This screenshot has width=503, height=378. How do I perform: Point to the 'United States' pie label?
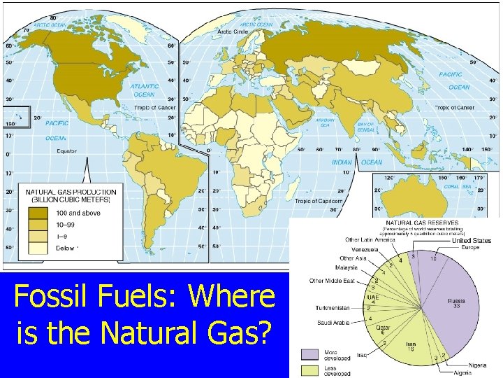click(471, 241)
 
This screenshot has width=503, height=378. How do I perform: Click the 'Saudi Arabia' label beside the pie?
click(339, 323)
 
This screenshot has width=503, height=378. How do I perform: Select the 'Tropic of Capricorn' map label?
click(318, 201)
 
